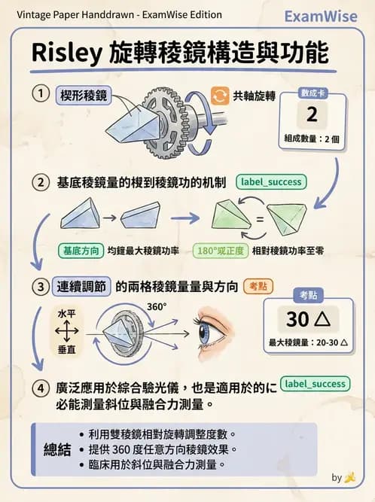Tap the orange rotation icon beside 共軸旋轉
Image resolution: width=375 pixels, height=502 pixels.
click(x=220, y=95)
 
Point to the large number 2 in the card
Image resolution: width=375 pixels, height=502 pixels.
click(x=312, y=114)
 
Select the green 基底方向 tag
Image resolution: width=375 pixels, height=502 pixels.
click(x=80, y=251)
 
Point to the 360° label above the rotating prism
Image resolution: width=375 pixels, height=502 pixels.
click(x=157, y=307)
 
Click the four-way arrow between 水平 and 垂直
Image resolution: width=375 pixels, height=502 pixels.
click(x=67, y=330)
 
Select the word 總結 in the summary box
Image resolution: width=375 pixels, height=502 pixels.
click(x=57, y=450)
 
